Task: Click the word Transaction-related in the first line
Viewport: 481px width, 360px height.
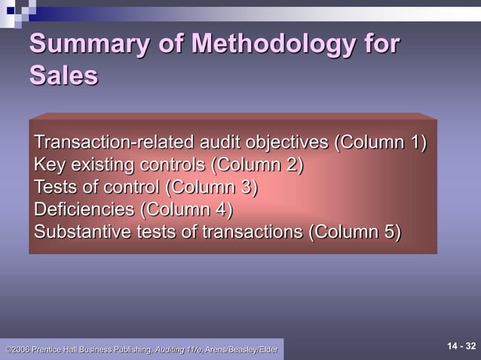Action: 114,142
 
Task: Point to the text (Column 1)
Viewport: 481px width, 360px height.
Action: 381,142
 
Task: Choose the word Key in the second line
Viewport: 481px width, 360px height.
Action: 49,164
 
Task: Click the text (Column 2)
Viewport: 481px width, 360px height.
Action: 258,164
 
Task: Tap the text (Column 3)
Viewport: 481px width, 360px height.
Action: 212,187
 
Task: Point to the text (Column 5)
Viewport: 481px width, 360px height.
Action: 355,231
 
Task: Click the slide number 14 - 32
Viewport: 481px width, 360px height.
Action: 461,346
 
